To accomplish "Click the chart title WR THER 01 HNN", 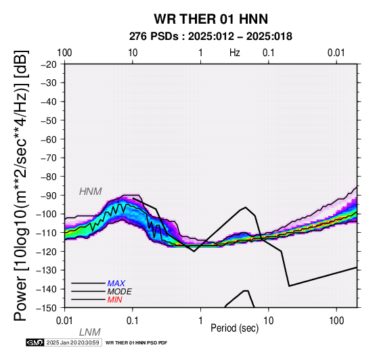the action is (x=211, y=19).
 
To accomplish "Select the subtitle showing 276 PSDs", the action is (x=211, y=37).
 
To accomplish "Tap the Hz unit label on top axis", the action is (x=235, y=53).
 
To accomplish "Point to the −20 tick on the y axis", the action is (x=48, y=64).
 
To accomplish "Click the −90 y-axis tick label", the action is (x=48, y=196).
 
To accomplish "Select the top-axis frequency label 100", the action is (x=64, y=53).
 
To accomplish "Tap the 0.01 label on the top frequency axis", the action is (x=336, y=53).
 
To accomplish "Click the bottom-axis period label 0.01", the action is (x=64, y=321).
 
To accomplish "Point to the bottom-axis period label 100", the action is (x=336, y=321).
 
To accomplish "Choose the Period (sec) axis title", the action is (x=235, y=328).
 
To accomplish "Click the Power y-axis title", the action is (x=21, y=185).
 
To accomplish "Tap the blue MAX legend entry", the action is (x=116, y=284).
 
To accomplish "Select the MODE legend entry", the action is (x=120, y=292).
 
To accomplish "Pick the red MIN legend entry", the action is (x=114, y=300).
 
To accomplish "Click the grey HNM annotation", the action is (x=91, y=192).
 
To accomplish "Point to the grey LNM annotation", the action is (x=89, y=332).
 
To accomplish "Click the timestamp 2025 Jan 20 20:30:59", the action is (x=72, y=342).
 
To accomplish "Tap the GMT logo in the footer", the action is (x=35, y=342).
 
